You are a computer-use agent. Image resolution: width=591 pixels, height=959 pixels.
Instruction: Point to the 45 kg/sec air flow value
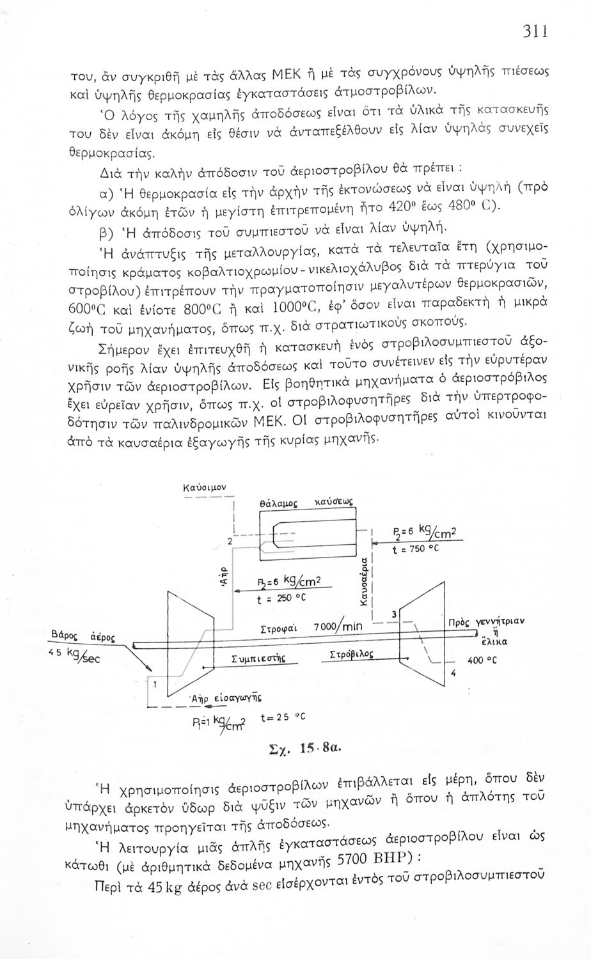72,656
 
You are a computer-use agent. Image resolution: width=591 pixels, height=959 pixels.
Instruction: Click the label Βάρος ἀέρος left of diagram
83,635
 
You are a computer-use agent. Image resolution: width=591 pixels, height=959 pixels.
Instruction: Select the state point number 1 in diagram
154,683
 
